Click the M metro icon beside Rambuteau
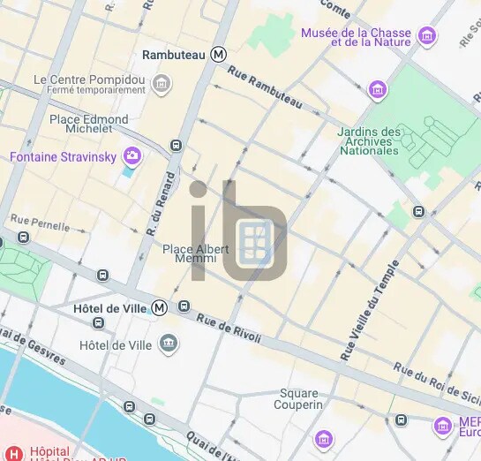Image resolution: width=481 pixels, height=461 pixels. click(x=219, y=55)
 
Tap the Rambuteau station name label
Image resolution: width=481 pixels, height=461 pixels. click(x=175, y=55)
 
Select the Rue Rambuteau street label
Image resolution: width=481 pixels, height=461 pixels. click(x=264, y=89)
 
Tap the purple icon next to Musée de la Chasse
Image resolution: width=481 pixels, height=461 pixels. click(x=428, y=36)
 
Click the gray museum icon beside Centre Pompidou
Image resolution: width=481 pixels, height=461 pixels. click(x=162, y=84)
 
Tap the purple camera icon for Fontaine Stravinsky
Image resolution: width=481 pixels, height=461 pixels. click(x=132, y=156)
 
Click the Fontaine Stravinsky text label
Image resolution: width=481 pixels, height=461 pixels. click(x=64, y=157)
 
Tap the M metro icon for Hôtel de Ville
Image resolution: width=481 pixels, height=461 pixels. click(x=159, y=307)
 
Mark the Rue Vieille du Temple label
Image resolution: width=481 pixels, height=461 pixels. click(x=370, y=310)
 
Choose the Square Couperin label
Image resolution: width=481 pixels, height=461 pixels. click(x=300, y=398)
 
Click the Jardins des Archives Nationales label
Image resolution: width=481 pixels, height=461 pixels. click(x=369, y=141)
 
